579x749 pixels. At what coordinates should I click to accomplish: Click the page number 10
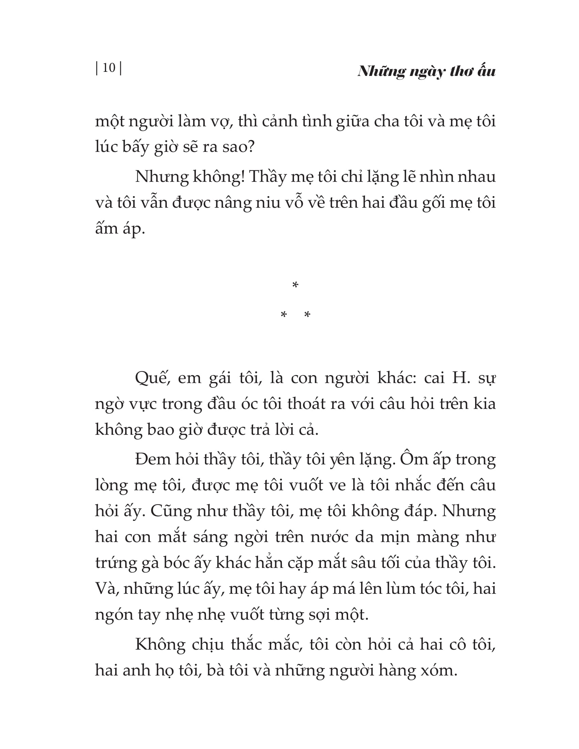(109, 67)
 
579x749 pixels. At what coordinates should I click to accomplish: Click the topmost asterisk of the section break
(295, 285)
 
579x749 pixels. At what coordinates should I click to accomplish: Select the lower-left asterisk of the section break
(284, 314)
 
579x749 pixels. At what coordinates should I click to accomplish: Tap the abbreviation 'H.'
(461, 378)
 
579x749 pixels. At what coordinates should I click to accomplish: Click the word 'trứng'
(116, 563)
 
